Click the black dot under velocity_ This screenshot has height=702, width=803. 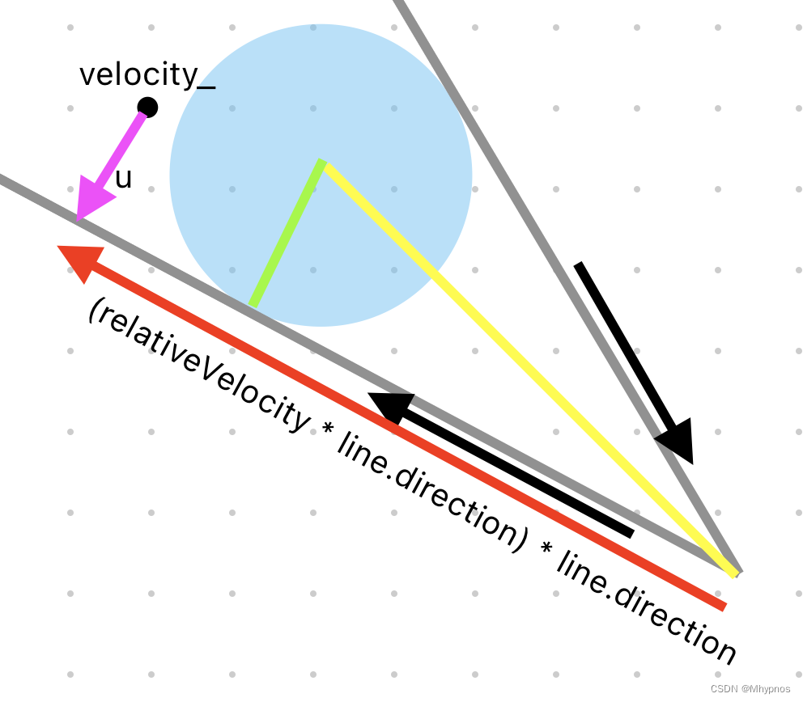[x=147, y=107]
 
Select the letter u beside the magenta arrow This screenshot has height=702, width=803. [x=123, y=179]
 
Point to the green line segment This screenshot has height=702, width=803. [x=288, y=235]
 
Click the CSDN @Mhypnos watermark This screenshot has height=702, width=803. [x=750, y=688]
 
